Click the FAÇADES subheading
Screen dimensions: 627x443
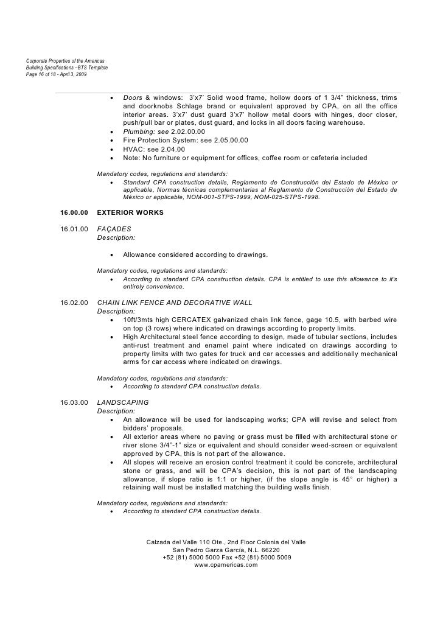point(114,229)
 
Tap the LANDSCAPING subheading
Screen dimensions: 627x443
point(123,403)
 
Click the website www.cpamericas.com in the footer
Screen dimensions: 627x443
point(226,564)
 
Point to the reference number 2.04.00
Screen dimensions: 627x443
point(171,149)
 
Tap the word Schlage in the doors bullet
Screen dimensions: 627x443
point(184,107)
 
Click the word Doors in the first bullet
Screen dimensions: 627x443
point(133,98)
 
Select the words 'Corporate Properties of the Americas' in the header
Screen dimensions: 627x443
point(65,60)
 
